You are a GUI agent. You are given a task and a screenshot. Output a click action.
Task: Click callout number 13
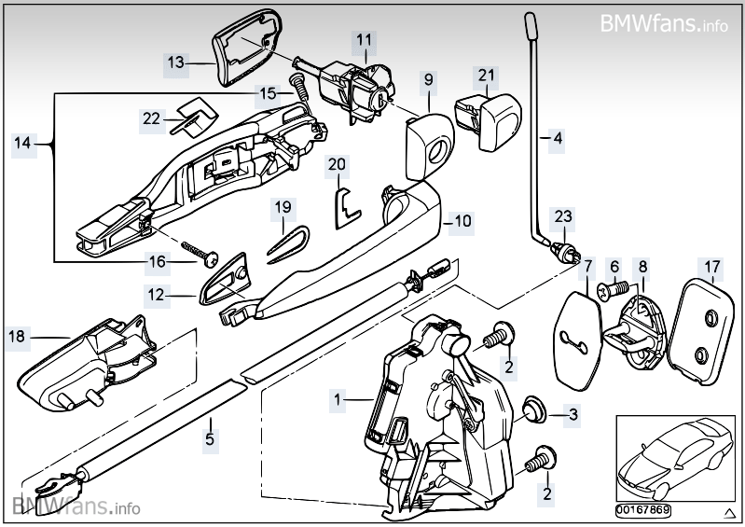(x=176, y=63)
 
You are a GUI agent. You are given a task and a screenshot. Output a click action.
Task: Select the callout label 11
(x=364, y=40)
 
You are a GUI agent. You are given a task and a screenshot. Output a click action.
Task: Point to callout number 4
(x=558, y=139)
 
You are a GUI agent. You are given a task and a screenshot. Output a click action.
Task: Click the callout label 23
(x=563, y=217)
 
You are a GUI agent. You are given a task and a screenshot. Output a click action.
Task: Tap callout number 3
(x=573, y=413)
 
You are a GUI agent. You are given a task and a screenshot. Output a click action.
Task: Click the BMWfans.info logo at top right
(x=664, y=21)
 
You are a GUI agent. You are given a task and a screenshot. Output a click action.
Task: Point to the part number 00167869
(x=647, y=510)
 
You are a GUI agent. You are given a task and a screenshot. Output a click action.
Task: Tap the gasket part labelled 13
(x=243, y=54)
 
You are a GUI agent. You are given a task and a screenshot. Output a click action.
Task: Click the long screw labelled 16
(x=200, y=254)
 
